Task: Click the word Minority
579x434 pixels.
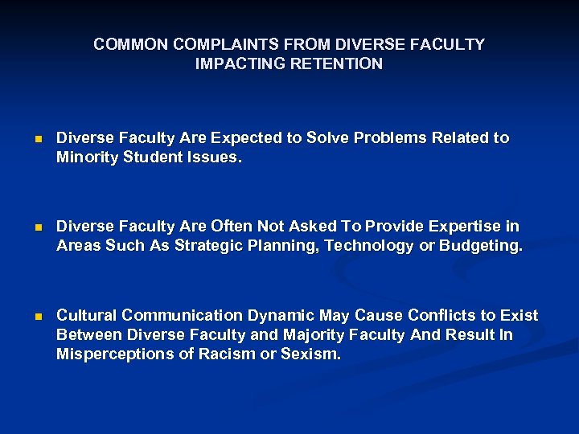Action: coord(88,158)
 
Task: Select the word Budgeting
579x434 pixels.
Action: coord(480,246)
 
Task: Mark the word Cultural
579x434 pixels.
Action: coord(86,315)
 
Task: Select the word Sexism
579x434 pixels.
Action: coord(310,354)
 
